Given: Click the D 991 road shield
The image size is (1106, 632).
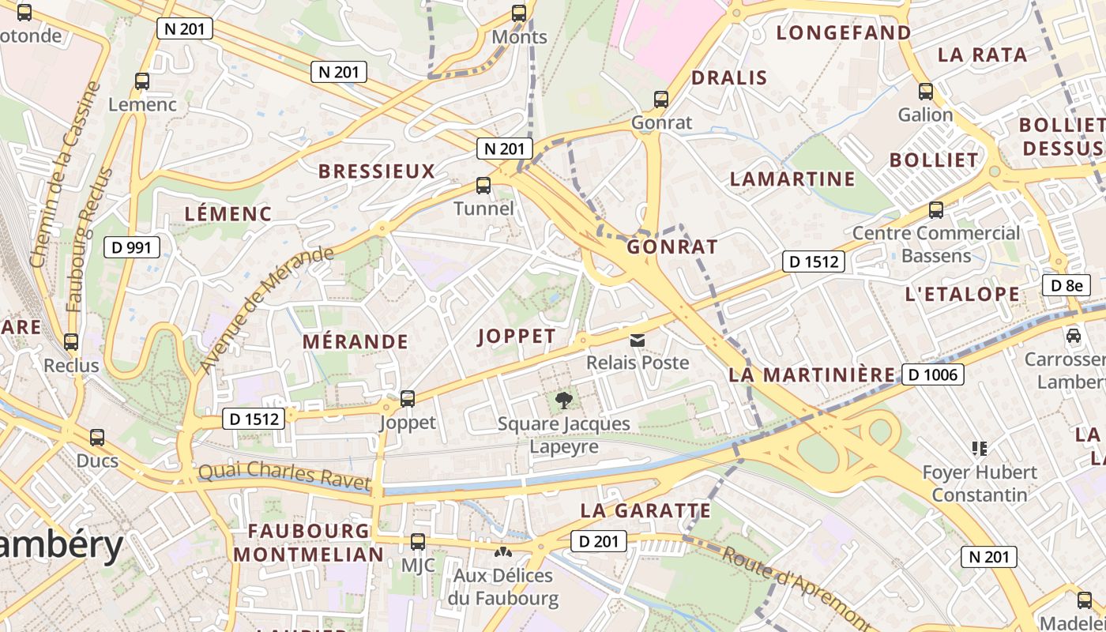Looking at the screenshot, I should (132, 247).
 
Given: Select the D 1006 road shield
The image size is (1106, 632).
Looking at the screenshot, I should (933, 374).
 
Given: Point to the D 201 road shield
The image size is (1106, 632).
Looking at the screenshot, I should (599, 541).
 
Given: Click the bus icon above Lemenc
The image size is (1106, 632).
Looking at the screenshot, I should (142, 81).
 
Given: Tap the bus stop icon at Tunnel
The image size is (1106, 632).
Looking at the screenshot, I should (483, 186).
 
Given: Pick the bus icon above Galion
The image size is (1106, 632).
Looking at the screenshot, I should (925, 92).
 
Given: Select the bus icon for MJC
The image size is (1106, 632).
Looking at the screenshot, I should (418, 542).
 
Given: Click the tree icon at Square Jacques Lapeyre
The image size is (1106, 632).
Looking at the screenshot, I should (564, 401).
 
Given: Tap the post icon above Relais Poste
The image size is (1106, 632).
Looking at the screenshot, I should (637, 340).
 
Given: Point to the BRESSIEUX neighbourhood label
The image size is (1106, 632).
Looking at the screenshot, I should (377, 171).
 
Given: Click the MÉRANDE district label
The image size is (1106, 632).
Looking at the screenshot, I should (356, 341).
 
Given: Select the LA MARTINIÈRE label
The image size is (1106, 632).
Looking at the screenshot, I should (811, 374).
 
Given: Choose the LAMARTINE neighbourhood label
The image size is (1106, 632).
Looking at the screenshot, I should (792, 179).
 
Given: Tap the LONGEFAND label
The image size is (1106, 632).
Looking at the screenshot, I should (844, 32).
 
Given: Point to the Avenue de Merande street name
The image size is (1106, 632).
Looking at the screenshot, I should (265, 309).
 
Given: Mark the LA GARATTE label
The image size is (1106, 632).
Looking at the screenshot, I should (645, 510).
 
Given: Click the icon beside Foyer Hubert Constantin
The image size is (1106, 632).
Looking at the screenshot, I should (980, 449).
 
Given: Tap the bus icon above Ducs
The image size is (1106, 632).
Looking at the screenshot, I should (97, 437).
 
